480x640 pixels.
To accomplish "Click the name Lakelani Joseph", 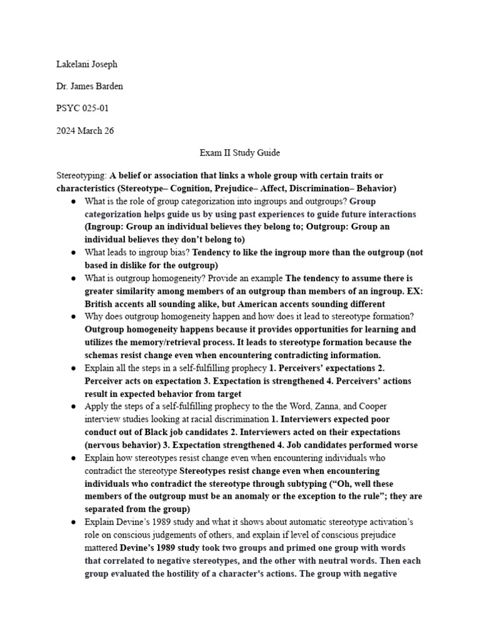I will (86, 64).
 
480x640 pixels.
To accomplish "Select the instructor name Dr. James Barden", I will (89, 86).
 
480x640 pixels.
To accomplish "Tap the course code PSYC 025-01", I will (82, 108).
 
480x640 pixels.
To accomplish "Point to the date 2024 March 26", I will (84, 130).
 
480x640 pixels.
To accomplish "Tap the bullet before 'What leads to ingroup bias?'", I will (73, 252).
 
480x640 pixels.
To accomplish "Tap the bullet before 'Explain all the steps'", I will (73, 368).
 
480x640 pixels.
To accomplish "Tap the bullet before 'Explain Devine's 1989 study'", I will (73, 522).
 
